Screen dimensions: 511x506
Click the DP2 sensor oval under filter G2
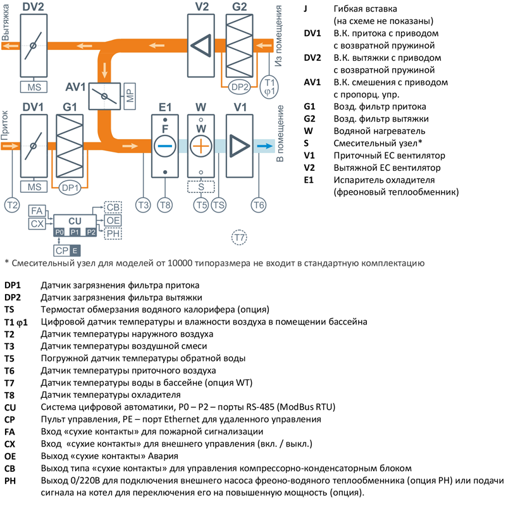click(x=239, y=86)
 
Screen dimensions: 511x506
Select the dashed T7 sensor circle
click(x=238, y=237)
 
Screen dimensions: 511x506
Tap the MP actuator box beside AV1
click(x=130, y=96)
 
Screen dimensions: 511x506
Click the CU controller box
click(x=75, y=220)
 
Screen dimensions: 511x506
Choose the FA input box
click(x=37, y=211)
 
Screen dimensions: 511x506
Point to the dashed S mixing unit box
click(x=201, y=187)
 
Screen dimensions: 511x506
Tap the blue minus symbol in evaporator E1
click(x=164, y=145)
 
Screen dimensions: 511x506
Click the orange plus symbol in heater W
click(x=201, y=145)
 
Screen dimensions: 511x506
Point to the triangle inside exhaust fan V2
click(x=202, y=47)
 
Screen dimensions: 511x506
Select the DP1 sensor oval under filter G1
click(x=70, y=187)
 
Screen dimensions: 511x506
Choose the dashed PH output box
click(x=114, y=234)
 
